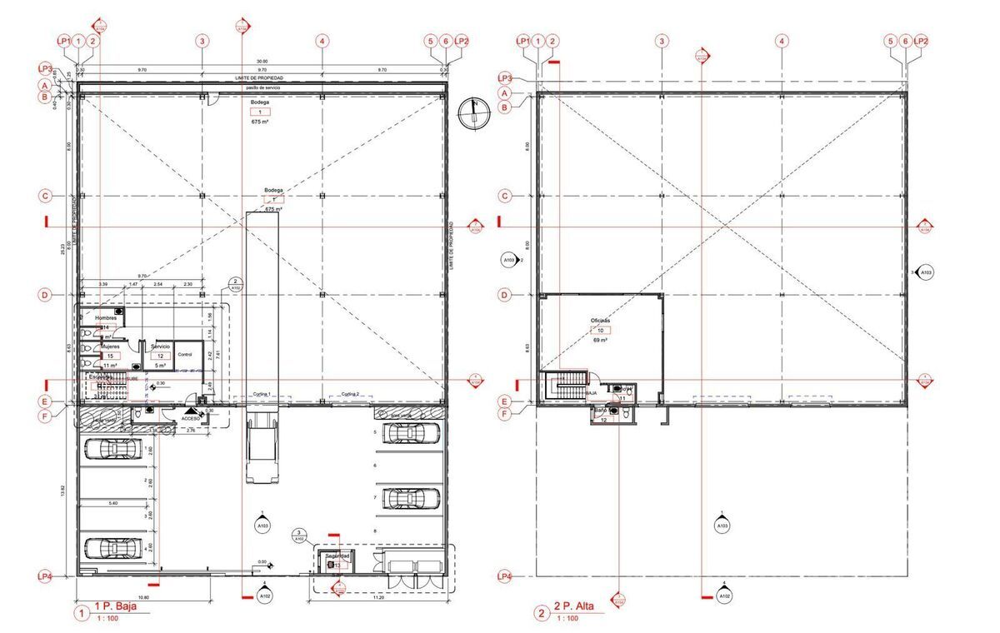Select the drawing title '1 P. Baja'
113,606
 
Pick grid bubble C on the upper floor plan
504,197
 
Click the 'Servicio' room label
160,346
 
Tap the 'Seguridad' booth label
337,556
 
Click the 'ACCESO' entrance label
191,419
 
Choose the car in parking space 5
410,433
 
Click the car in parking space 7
410,498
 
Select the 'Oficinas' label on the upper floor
600,320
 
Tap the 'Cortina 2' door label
350,393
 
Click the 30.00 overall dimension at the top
262,62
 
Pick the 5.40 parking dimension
112,504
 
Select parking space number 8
377,531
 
